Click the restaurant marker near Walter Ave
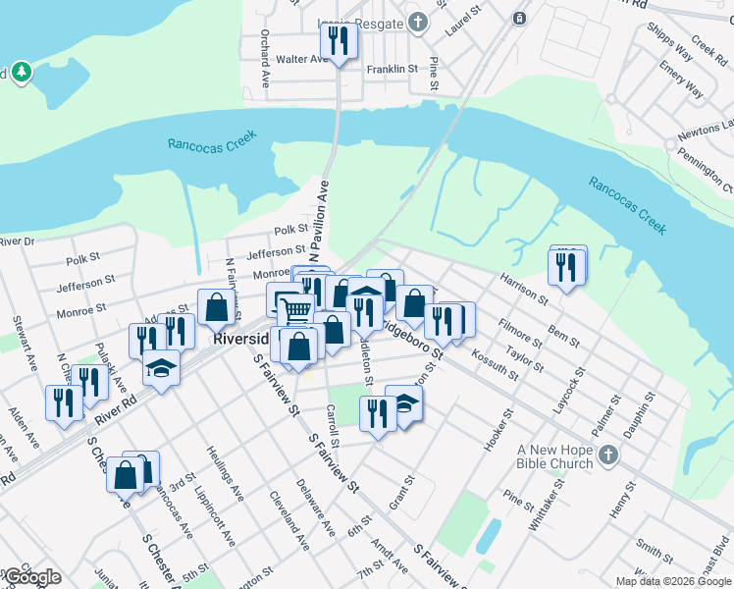[340, 42]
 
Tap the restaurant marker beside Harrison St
[566, 267]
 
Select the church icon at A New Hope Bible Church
[608, 455]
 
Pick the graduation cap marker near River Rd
[161, 369]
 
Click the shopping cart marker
[295, 310]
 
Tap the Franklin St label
[393, 69]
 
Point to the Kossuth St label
[495, 362]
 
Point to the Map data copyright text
[673, 581]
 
